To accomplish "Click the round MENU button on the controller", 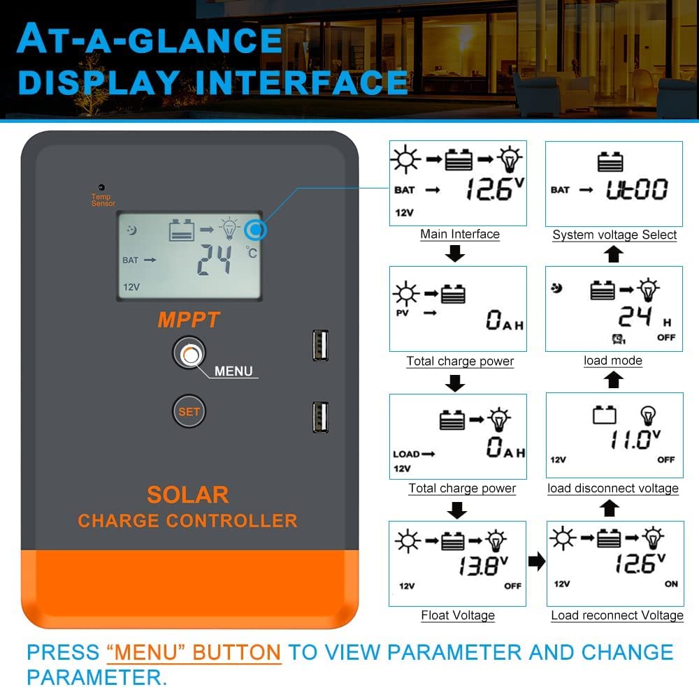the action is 189,353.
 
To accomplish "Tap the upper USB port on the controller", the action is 321,345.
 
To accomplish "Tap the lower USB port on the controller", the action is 321,418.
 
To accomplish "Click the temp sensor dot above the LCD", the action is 101,187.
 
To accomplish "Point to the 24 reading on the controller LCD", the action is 215,260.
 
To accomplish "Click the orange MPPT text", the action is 189,320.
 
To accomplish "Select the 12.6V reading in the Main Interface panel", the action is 495,189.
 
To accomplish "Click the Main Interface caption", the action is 460,234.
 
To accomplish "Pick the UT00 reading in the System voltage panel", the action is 637,189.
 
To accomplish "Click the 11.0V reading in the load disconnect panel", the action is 635,439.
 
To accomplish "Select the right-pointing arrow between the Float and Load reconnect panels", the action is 537,561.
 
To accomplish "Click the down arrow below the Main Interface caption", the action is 455,253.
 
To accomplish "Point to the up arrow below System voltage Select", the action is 614,255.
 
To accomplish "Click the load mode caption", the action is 613,361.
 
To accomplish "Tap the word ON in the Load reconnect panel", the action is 671,584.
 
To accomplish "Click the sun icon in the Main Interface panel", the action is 405,159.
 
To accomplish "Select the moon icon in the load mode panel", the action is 556,288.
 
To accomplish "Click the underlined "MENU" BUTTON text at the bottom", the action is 194,653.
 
